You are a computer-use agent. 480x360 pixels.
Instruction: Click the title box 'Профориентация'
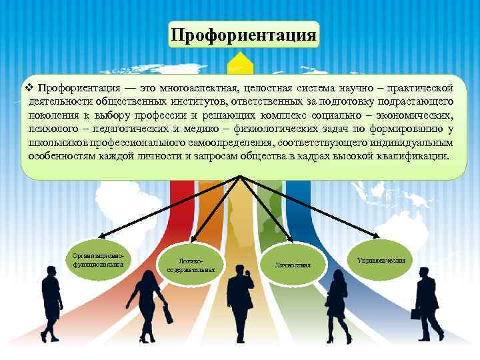click(243, 34)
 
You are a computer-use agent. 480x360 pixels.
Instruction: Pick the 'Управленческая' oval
click(381, 257)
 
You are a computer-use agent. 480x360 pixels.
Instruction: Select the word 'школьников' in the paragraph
click(54, 143)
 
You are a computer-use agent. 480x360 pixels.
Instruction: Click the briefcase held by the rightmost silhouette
click(415, 313)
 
